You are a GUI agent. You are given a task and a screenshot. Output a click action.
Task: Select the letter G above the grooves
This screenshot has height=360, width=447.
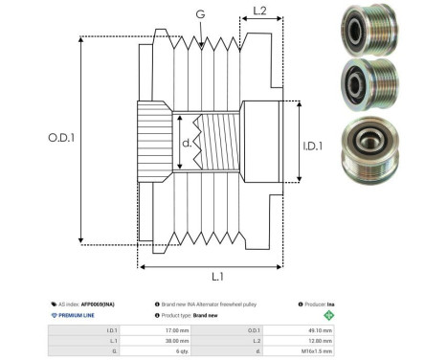(x=199, y=13)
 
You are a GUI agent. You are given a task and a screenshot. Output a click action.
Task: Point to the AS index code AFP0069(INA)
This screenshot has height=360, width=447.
(x=97, y=303)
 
